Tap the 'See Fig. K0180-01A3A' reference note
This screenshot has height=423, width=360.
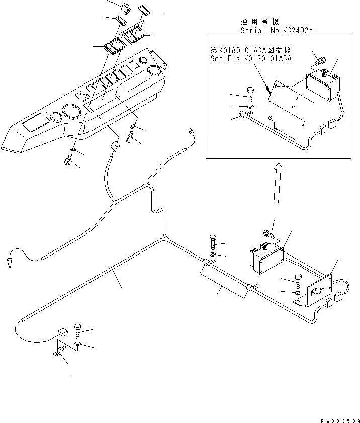250,58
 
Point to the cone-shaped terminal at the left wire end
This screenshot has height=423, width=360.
10,262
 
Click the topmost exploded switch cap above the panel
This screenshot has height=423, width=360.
124,8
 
